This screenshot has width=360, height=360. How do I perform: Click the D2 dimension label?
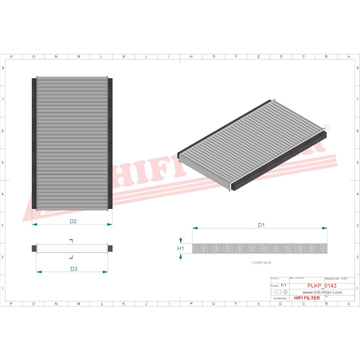pos(72,221)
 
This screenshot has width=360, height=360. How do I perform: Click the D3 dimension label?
pos(73,269)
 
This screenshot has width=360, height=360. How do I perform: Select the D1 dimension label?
pos(260,225)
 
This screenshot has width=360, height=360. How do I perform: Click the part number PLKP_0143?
pos(321,285)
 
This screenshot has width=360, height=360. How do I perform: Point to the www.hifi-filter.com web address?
pos(322,292)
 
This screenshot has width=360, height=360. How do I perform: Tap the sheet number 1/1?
pos(284,285)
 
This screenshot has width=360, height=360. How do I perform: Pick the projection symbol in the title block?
pos(282,291)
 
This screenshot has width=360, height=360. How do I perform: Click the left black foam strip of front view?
pos(34,143)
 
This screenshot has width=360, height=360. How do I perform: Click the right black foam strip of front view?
pos(110,143)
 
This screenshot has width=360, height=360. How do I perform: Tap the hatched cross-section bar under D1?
pos(260,248)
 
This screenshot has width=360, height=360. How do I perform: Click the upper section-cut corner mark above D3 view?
pos(71,240)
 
